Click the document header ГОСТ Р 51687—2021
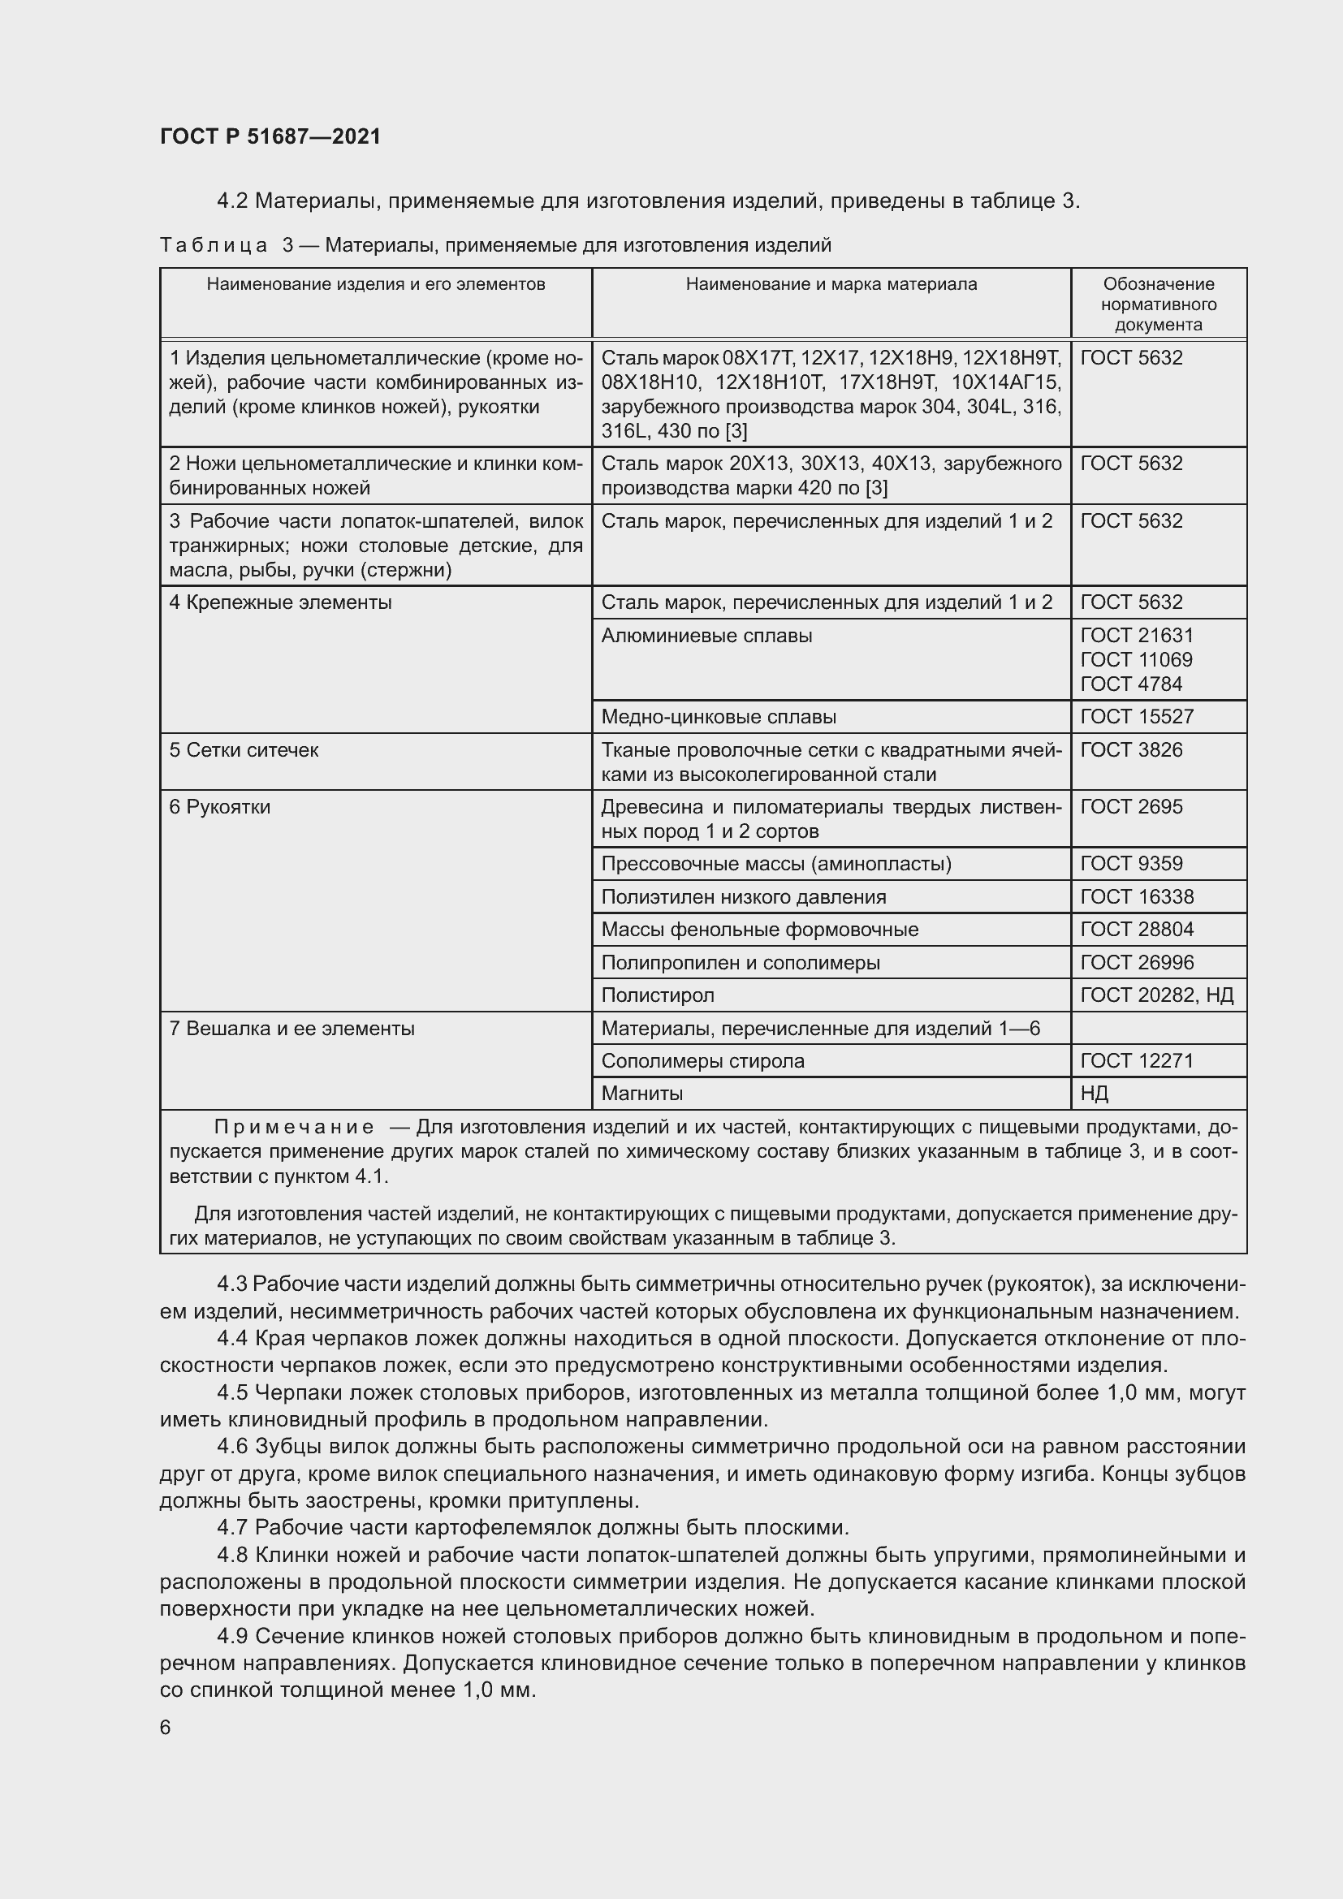[270, 136]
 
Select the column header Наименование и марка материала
[831, 284]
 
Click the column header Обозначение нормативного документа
[1158, 304]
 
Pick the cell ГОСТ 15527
[1137, 716]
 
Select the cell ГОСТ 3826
[1131, 749]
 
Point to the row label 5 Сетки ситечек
[244, 750]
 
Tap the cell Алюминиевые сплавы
[706, 635]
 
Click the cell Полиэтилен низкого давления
[744, 896]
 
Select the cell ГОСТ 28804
[1137, 929]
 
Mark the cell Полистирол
[658, 995]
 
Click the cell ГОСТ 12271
[1137, 1060]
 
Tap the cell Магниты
[641, 1094]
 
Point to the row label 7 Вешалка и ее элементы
[292, 1028]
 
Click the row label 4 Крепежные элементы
[280, 602]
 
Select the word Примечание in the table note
[294, 1127]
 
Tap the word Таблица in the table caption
[214, 246]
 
